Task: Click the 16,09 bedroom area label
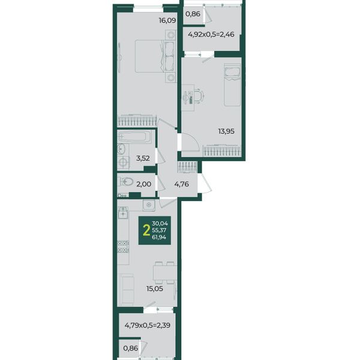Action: pos(167,20)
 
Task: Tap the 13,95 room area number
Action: pos(226,131)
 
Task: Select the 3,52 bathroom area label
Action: pos(143,158)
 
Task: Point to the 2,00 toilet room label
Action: pos(144,184)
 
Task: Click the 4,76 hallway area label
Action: pos(182,184)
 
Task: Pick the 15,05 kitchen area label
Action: pos(155,289)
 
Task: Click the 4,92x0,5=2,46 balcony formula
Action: pos(211,34)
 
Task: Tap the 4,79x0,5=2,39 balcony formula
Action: pos(148,325)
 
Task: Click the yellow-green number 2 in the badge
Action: pos(146,230)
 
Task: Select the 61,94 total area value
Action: pos(159,238)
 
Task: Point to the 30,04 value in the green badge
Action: pos(160,223)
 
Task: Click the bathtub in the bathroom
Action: pos(134,137)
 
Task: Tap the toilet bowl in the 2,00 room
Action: pos(126,182)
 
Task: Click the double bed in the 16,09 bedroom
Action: pos(155,56)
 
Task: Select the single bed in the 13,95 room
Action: pos(232,85)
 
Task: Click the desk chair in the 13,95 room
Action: pos(199,95)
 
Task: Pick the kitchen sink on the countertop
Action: pos(123,212)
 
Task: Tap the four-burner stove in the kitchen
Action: pos(123,247)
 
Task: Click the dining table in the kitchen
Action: pos(165,272)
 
